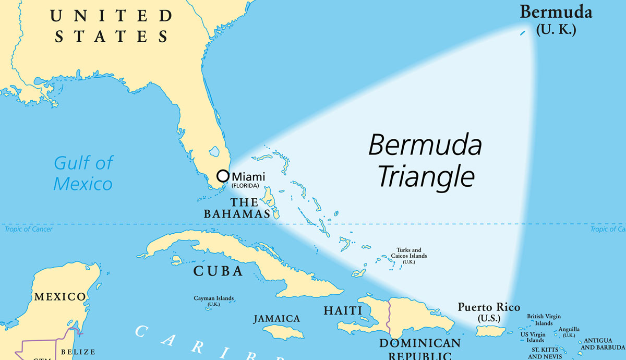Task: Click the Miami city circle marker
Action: coord(223,175)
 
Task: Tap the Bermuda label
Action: coord(556,12)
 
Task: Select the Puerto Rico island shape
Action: coord(489,331)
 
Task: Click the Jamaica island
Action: coord(283,331)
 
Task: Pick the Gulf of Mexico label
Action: coord(83,173)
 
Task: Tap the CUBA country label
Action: coord(218,271)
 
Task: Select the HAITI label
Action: coord(343,310)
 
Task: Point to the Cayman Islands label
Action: coord(214,300)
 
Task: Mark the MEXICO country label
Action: coord(59,297)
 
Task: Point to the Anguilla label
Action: coord(569,330)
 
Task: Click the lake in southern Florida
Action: coord(213,152)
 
